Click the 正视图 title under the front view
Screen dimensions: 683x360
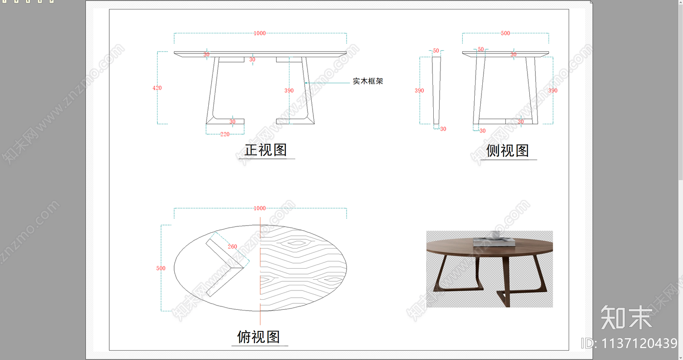pyautogui.click(x=266, y=150)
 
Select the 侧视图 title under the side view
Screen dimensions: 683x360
pyautogui.click(x=507, y=151)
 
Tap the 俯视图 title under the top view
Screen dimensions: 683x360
pyautogui.click(x=259, y=337)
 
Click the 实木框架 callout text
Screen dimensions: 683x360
pyautogui.click(x=368, y=81)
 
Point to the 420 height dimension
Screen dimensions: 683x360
pyautogui.click(x=157, y=88)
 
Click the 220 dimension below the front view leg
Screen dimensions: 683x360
pyautogui.click(x=225, y=134)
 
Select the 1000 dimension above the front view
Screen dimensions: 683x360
pyautogui.click(x=260, y=33)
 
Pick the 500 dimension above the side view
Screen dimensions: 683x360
pyautogui.click(x=505, y=33)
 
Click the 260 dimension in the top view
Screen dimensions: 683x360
pyautogui.click(x=232, y=246)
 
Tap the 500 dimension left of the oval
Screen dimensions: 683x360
pyautogui.click(x=161, y=268)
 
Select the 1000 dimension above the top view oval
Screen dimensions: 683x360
pyautogui.click(x=260, y=208)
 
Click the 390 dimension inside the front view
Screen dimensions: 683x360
pyautogui.click(x=289, y=91)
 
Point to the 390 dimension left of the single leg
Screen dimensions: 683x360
pyautogui.click(x=419, y=91)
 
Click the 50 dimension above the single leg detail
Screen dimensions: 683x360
pyautogui.click(x=436, y=50)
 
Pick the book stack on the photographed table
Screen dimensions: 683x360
pyautogui.click(x=494, y=242)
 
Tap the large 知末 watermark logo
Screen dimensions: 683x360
pyautogui.click(x=627, y=318)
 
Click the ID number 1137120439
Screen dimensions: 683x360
pyautogui.click(x=629, y=343)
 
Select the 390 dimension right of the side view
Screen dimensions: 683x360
pyautogui.click(x=553, y=91)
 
